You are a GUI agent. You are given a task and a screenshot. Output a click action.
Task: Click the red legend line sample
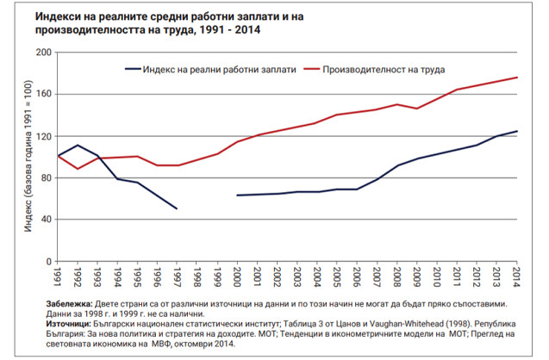pyautogui.click(x=306, y=67)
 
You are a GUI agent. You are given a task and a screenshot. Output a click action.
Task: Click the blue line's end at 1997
pyautogui.click(x=177, y=208)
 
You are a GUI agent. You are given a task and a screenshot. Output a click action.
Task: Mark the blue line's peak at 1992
pyautogui.click(x=78, y=146)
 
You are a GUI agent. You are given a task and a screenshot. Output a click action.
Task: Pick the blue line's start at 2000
pyautogui.click(x=237, y=196)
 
